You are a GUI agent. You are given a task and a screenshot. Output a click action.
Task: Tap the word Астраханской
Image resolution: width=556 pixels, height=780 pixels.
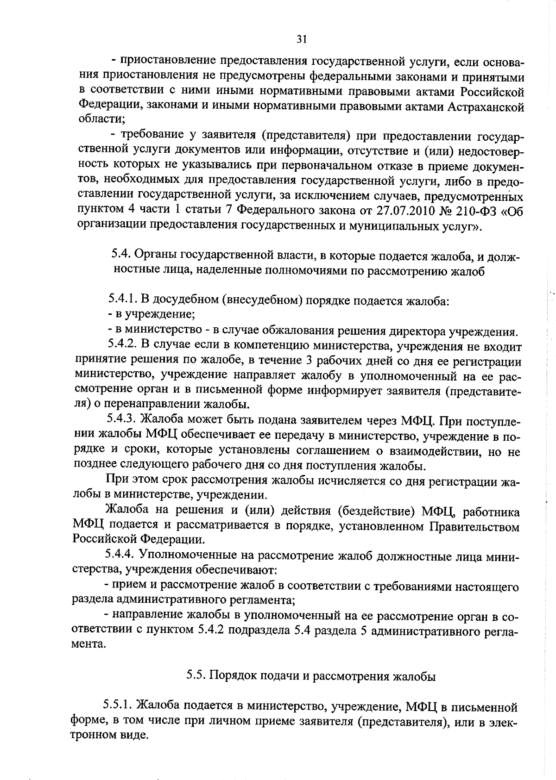[x=486, y=107]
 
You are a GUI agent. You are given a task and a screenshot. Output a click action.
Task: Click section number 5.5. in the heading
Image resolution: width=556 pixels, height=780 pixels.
[x=197, y=675]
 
